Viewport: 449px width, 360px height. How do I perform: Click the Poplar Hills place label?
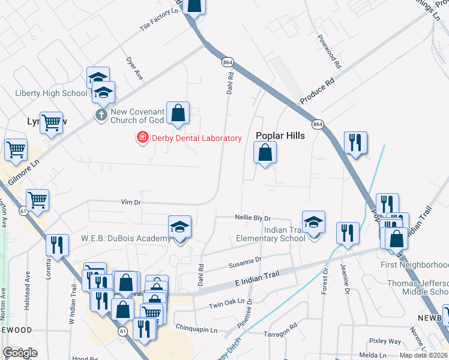280,136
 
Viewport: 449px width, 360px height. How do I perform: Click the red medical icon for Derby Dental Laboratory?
142,139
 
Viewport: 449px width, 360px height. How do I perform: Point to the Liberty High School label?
51,93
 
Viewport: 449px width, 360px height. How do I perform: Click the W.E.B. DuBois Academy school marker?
179,228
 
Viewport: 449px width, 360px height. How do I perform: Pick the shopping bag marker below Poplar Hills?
265,154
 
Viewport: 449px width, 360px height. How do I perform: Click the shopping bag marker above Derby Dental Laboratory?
178,113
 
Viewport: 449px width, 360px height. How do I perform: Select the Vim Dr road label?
130,202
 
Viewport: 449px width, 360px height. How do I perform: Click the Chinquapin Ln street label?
196,329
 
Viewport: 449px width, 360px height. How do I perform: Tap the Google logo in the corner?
20,353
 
